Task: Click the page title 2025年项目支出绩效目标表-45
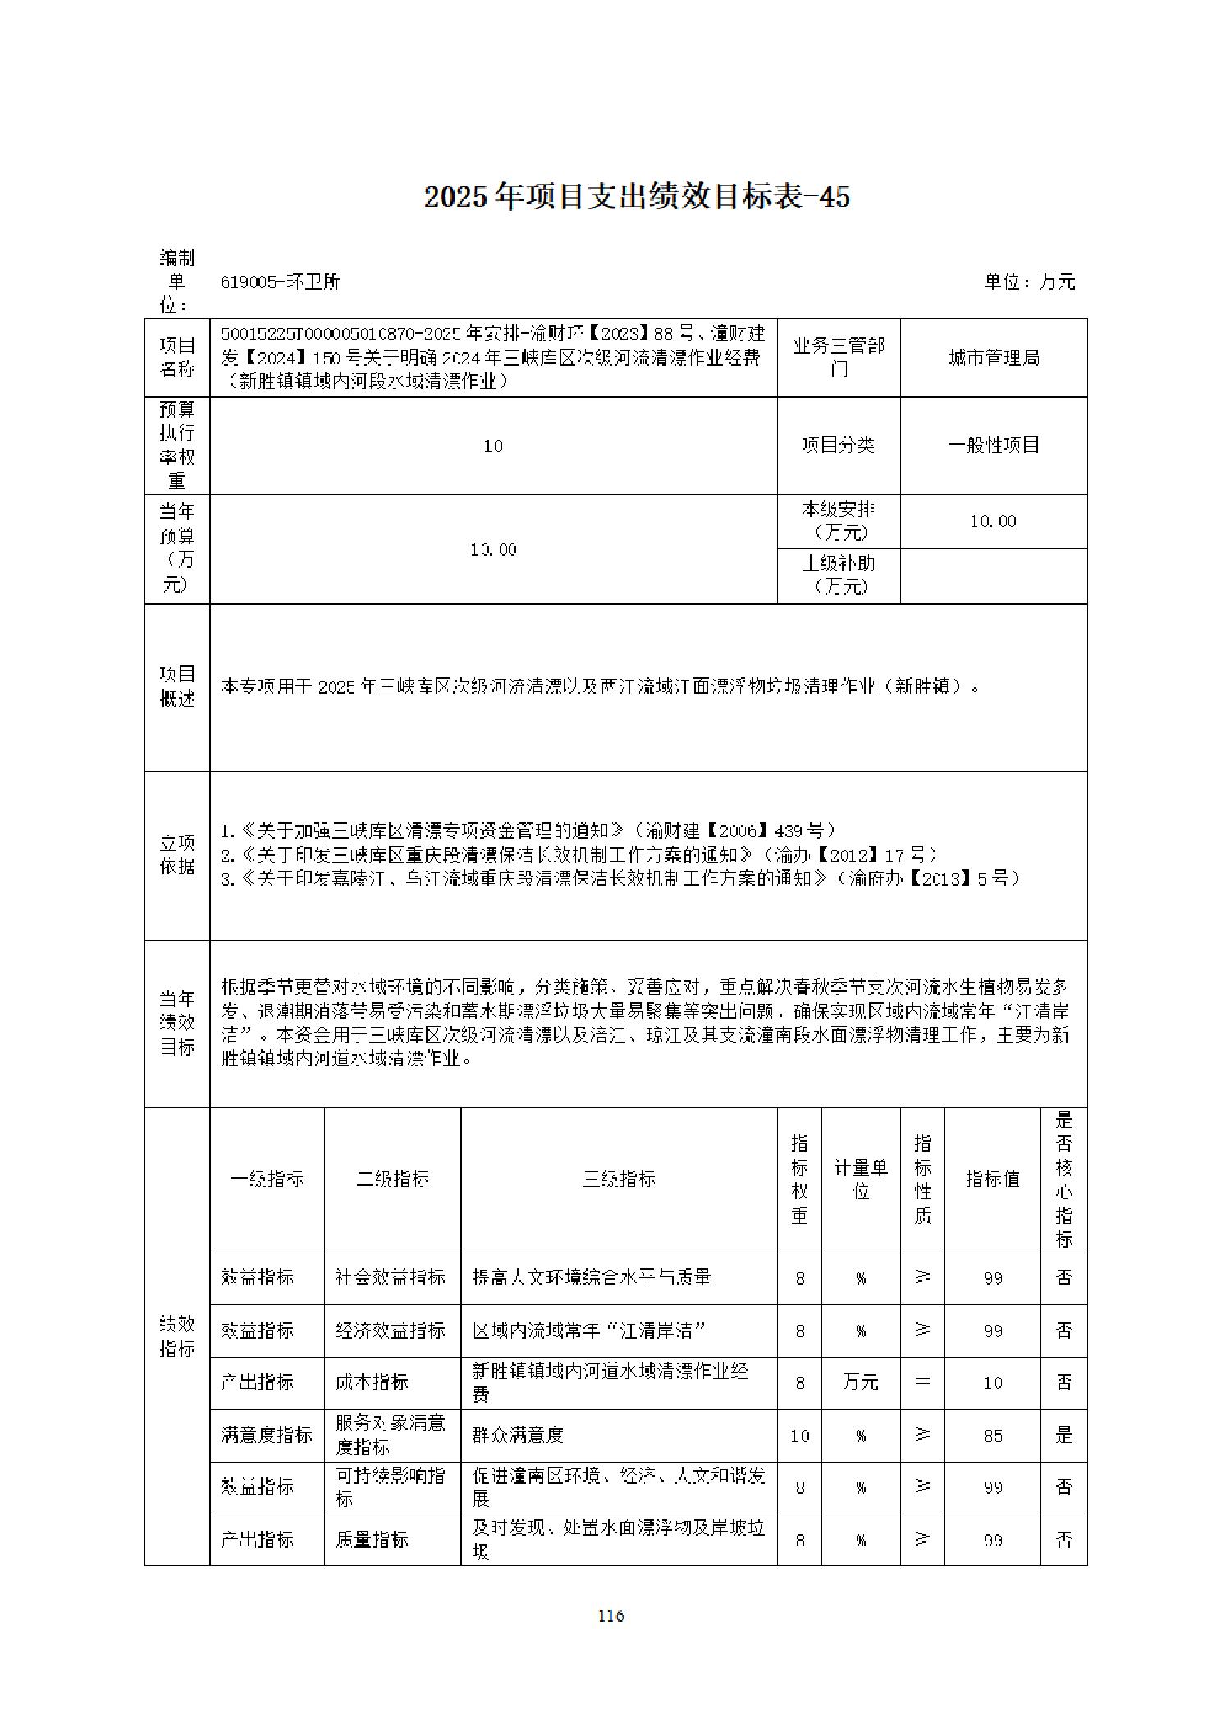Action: point(637,197)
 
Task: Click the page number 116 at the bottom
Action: point(610,1615)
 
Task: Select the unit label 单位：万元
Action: point(1029,282)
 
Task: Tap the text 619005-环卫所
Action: point(280,282)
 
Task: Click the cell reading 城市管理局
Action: point(994,358)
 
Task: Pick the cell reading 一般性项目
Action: point(994,445)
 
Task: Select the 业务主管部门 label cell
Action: point(838,358)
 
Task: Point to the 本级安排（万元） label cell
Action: point(838,521)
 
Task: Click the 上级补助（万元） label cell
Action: point(838,575)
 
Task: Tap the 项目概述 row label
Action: point(177,686)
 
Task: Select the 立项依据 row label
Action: point(177,854)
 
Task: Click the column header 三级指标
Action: point(619,1180)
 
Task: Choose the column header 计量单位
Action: point(861,1180)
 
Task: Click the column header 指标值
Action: point(992,1180)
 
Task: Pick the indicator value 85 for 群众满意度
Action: point(993,1436)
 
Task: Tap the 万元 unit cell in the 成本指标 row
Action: point(861,1383)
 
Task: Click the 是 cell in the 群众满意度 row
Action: point(1063,1435)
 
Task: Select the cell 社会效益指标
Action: point(391,1278)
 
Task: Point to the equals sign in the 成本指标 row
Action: point(922,1383)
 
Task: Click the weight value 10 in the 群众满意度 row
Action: point(799,1436)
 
